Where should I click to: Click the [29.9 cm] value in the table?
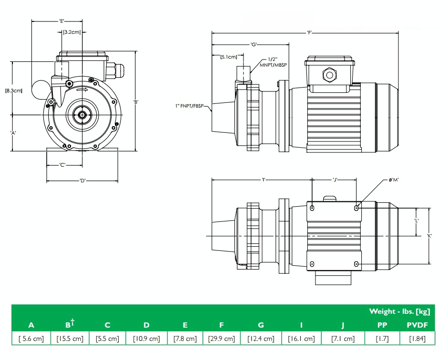[x=222, y=339]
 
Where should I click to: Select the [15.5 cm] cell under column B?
[x=70, y=339]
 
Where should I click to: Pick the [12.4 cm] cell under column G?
[x=261, y=339]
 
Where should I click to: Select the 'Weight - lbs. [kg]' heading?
[x=399, y=311]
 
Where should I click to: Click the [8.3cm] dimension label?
[x=14, y=90]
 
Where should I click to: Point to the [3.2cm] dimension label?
[x=71, y=32]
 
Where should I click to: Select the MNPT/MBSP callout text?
[x=273, y=65]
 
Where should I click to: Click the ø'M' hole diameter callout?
[x=394, y=180]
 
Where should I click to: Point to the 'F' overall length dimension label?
[x=310, y=33]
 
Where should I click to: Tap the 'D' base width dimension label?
[x=82, y=180]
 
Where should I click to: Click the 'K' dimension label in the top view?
[x=429, y=236]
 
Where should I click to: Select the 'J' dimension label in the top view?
[x=335, y=180]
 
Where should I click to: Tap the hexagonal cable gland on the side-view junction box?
[x=329, y=75]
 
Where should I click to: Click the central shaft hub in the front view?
[x=82, y=115]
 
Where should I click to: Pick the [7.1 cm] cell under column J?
[x=343, y=339]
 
